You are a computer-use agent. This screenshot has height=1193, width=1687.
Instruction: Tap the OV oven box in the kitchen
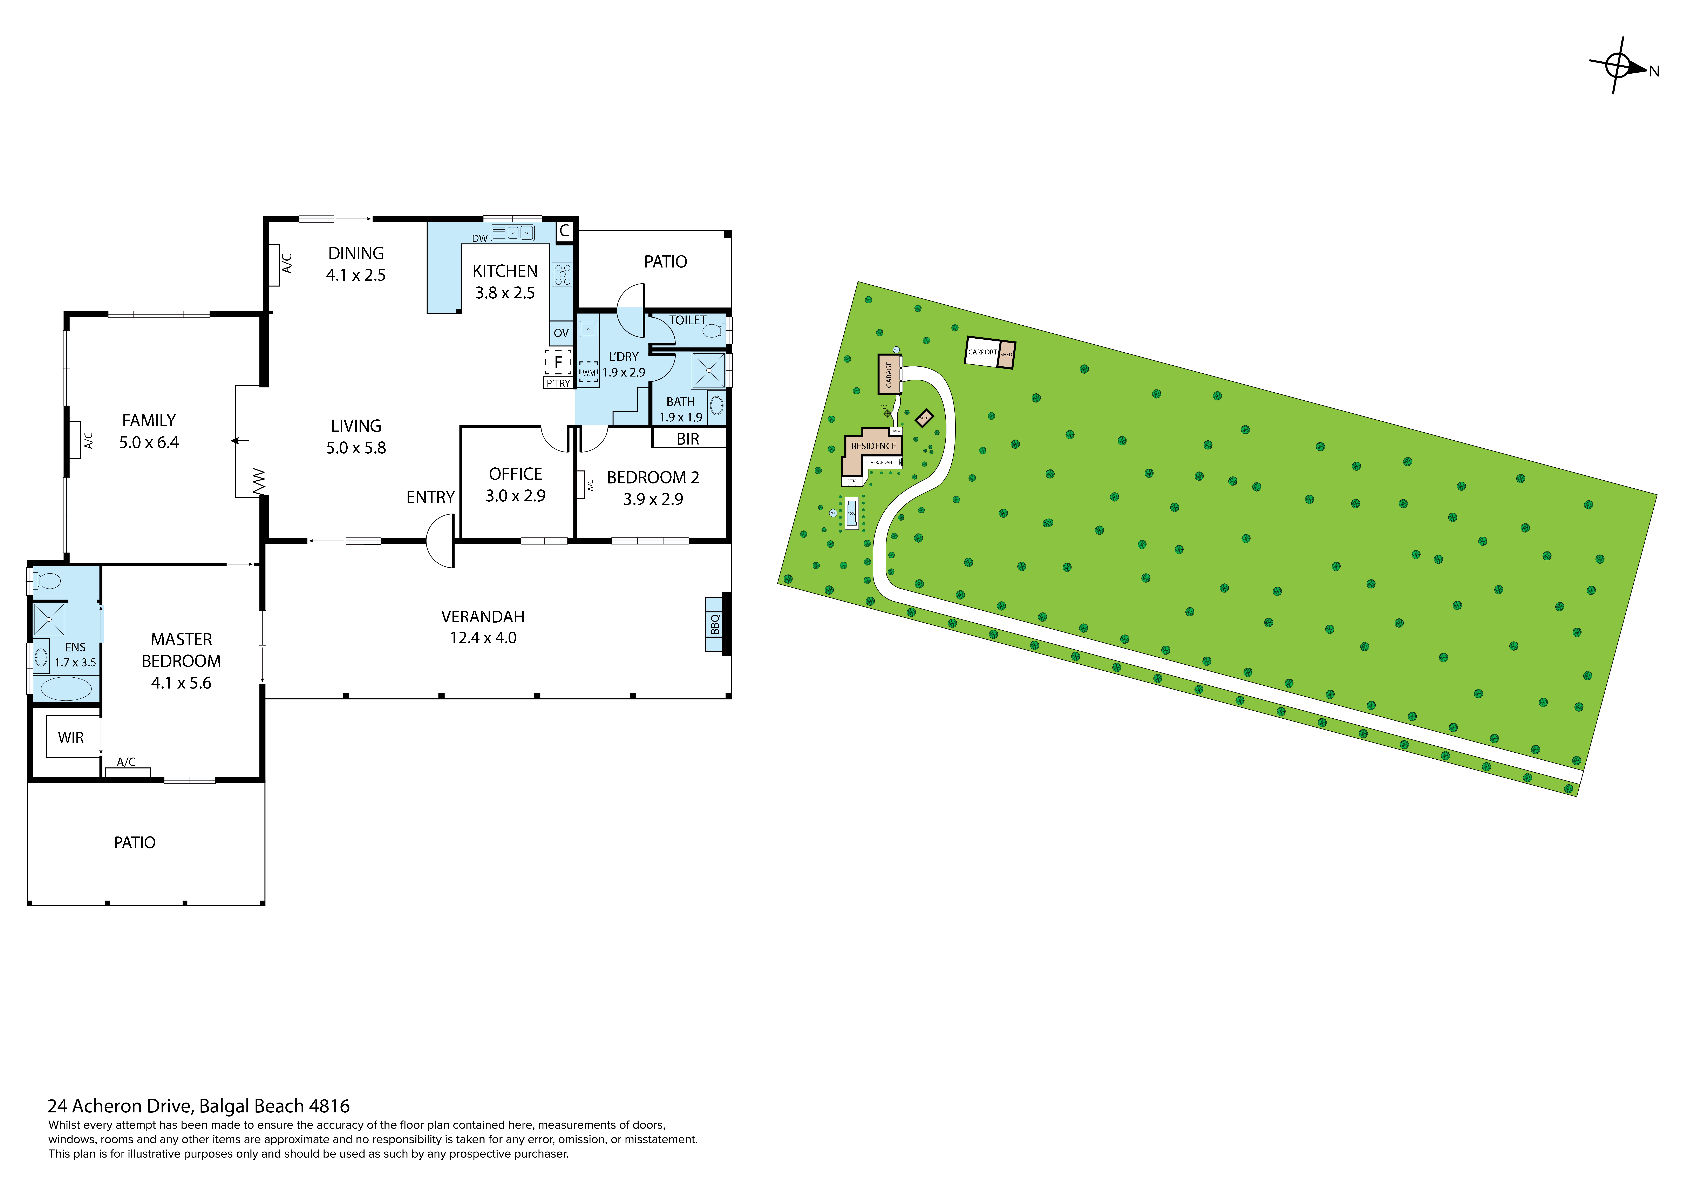pyautogui.click(x=561, y=333)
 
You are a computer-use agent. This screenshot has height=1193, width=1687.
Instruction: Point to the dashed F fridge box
pyautogui.click(x=558, y=362)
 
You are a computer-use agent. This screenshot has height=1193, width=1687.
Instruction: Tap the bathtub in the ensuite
pyautogui.click(x=65, y=689)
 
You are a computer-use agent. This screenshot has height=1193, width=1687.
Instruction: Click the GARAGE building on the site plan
pyautogui.click(x=889, y=374)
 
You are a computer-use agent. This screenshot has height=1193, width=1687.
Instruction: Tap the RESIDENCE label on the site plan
pyautogui.click(x=874, y=446)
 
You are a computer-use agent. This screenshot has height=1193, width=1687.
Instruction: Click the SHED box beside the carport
pyautogui.click(x=1007, y=354)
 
